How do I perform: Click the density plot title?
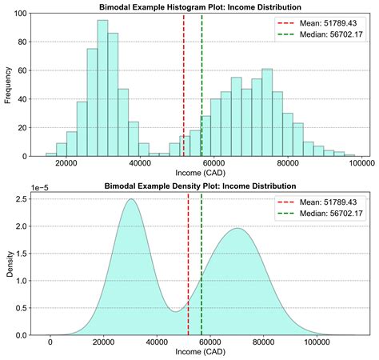pos(201,186)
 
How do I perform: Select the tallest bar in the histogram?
pos(102,88)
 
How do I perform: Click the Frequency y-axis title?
pos(7,84)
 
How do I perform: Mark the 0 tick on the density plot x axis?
pos(50,342)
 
